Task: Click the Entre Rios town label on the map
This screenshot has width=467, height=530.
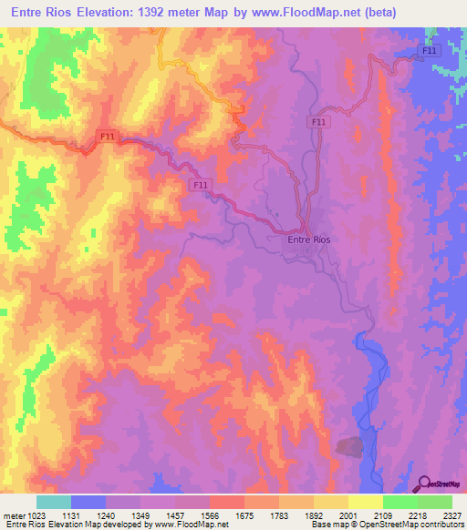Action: click(x=303, y=239)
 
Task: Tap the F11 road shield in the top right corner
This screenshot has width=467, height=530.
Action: click(x=430, y=51)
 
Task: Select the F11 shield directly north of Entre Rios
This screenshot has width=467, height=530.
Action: click(x=318, y=121)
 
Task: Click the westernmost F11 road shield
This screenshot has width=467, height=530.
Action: click(x=108, y=137)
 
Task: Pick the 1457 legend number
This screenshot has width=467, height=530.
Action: click(x=175, y=515)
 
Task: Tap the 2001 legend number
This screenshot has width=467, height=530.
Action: click(x=348, y=515)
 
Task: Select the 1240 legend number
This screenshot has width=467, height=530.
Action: click(x=106, y=515)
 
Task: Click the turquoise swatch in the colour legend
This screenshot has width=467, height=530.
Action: click(x=54, y=502)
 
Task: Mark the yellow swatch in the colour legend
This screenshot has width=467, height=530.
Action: click(x=365, y=502)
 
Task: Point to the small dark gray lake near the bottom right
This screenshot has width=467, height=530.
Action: click(x=349, y=446)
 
